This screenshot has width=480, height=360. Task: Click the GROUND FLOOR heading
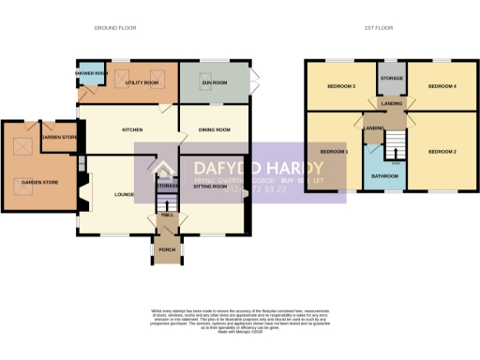tap(114, 28)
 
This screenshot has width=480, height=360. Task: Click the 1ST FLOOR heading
tap(378, 28)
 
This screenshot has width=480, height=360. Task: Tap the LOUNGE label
tap(124, 193)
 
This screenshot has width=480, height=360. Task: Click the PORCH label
tap(167, 249)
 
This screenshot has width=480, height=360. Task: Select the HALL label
tap(167, 215)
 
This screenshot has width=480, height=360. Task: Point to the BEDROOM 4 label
tap(442, 86)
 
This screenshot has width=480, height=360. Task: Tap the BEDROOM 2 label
tap(442, 151)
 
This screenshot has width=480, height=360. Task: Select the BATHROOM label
tap(384, 174)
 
